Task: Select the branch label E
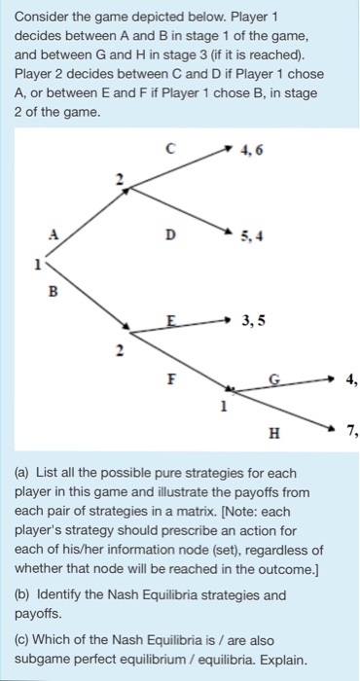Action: coord(172,317)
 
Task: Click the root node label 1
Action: coord(37,263)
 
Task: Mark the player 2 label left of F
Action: coord(120,353)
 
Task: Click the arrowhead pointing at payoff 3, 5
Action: coord(230,318)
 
